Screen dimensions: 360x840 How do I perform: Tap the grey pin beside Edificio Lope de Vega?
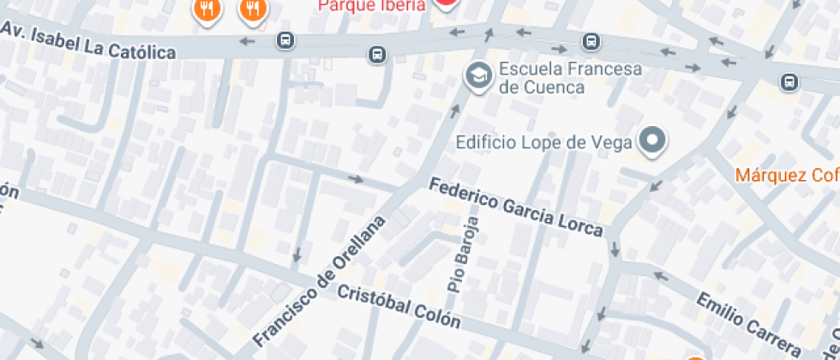click(653, 141)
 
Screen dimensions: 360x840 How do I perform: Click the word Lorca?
click(581, 225)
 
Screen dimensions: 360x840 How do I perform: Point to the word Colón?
click(436, 319)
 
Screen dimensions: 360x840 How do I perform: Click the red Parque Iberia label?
click(370, 5)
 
